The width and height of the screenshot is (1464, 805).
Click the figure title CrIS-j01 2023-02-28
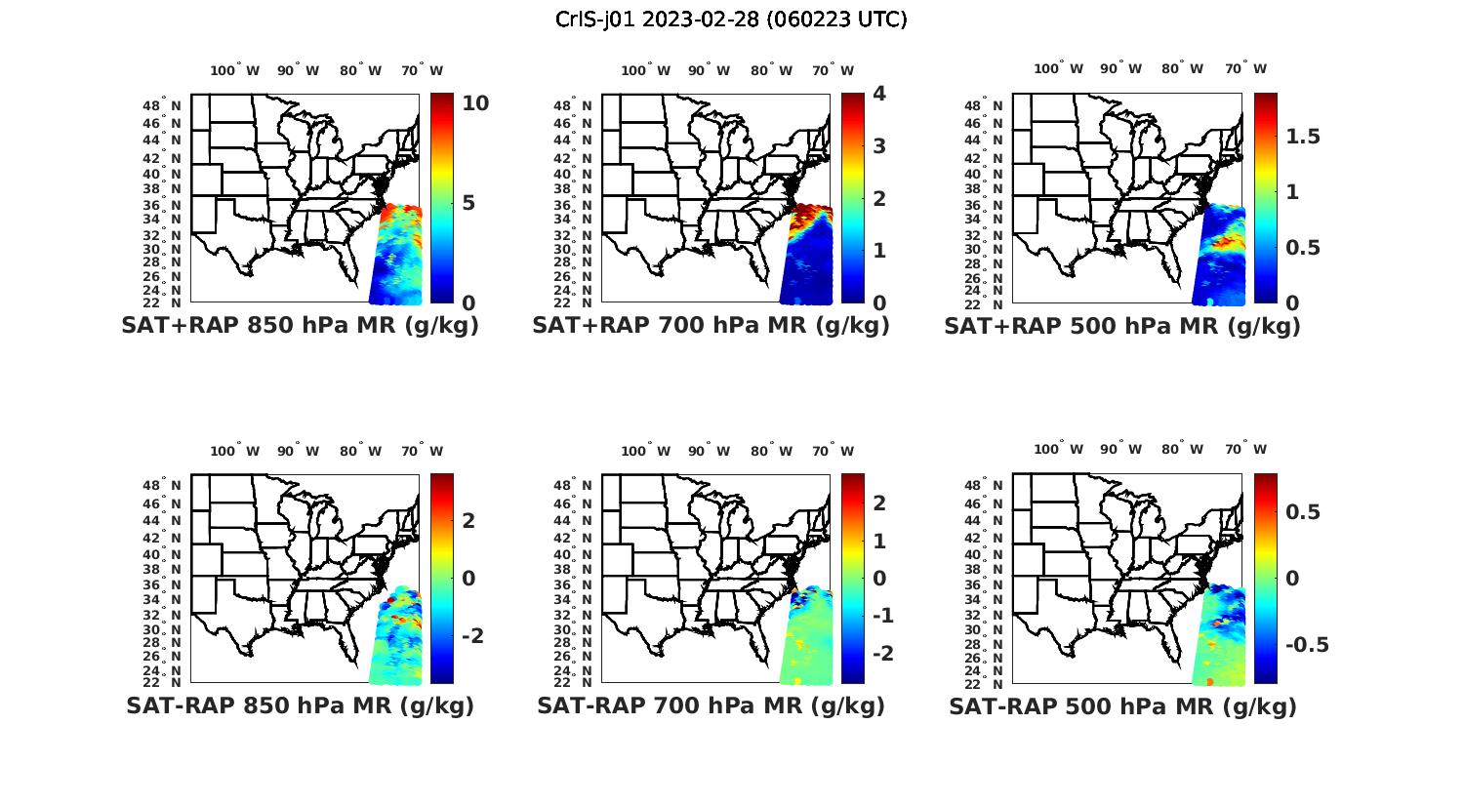[731, 20]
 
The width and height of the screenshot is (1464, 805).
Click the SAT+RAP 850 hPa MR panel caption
[300, 326]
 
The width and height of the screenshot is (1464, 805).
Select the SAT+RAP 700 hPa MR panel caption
[711, 326]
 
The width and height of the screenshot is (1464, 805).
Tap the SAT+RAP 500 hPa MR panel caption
[1122, 327]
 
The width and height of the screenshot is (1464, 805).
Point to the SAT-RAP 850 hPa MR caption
[300, 705]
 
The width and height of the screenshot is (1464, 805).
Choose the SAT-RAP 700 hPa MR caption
[711, 705]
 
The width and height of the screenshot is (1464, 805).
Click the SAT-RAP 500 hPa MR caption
[1122, 706]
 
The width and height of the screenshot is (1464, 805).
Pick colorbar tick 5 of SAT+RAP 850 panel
[468, 203]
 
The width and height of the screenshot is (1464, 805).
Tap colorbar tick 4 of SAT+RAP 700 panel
[879, 94]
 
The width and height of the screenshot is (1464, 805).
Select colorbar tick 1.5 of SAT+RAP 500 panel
[1303, 137]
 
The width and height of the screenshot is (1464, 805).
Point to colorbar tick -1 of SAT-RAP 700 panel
[879, 616]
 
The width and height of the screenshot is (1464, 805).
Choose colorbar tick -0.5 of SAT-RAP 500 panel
[1307, 645]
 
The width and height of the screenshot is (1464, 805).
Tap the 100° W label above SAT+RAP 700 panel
[645, 70]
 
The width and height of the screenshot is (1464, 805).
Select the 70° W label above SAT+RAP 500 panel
[1245, 68]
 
